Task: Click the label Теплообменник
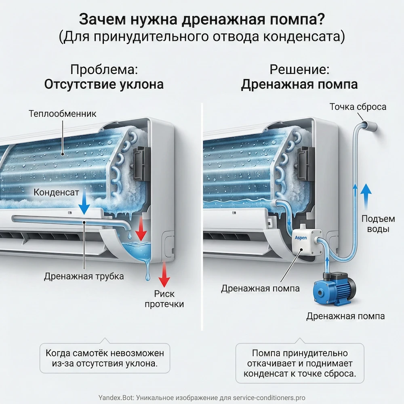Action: pos(62,114)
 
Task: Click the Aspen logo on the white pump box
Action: pos(301,237)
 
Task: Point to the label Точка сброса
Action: pos(358,107)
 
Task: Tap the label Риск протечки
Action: pos(164,299)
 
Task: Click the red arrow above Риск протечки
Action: pos(164,275)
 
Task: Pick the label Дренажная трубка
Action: pos(84,276)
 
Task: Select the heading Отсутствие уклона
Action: pos(104,84)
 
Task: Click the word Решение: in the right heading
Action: pos(299,69)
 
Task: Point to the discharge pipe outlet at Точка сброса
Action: pos(370,126)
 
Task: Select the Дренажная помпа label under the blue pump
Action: pos(345,316)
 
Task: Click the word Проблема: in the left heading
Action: pos(104,69)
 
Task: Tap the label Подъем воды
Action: pos(378,224)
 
